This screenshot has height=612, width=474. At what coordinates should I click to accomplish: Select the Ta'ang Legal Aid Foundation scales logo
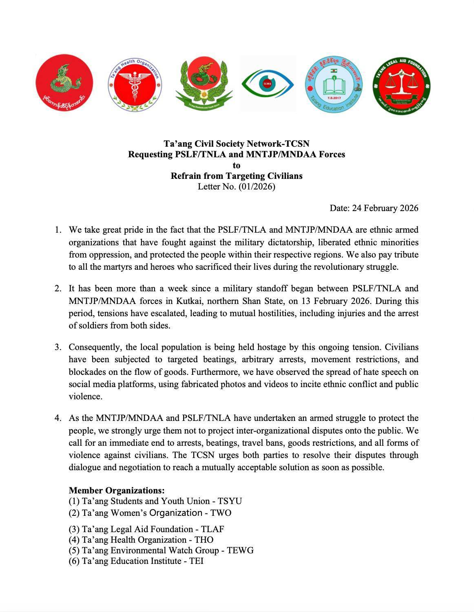(x=402, y=86)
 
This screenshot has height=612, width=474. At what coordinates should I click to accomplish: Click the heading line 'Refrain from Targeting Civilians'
(x=236, y=176)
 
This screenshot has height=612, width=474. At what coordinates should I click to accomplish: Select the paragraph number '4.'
(x=58, y=418)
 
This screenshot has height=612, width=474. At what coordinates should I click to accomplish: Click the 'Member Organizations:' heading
(x=116, y=490)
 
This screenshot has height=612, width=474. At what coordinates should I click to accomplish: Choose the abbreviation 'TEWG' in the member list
(x=240, y=550)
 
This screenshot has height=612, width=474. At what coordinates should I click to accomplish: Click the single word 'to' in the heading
(x=236, y=165)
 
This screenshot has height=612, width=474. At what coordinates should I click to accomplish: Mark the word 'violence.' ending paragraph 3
(x=85, y=396)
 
